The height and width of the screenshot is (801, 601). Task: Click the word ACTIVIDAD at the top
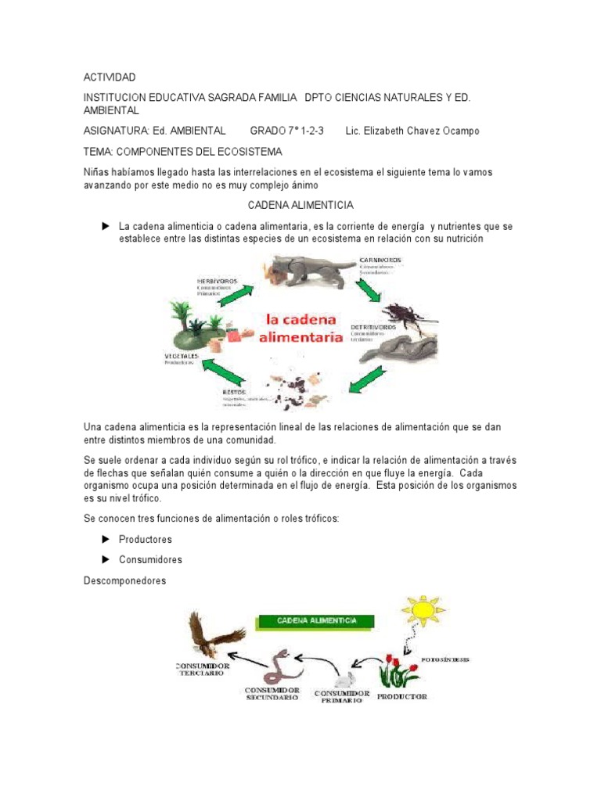110,77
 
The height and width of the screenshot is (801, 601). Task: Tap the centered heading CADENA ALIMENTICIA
300,205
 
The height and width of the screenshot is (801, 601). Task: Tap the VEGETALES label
182,356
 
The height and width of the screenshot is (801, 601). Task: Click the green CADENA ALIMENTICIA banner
316,621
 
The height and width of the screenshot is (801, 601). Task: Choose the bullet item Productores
145,540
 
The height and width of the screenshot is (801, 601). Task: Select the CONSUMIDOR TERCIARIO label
203,671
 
